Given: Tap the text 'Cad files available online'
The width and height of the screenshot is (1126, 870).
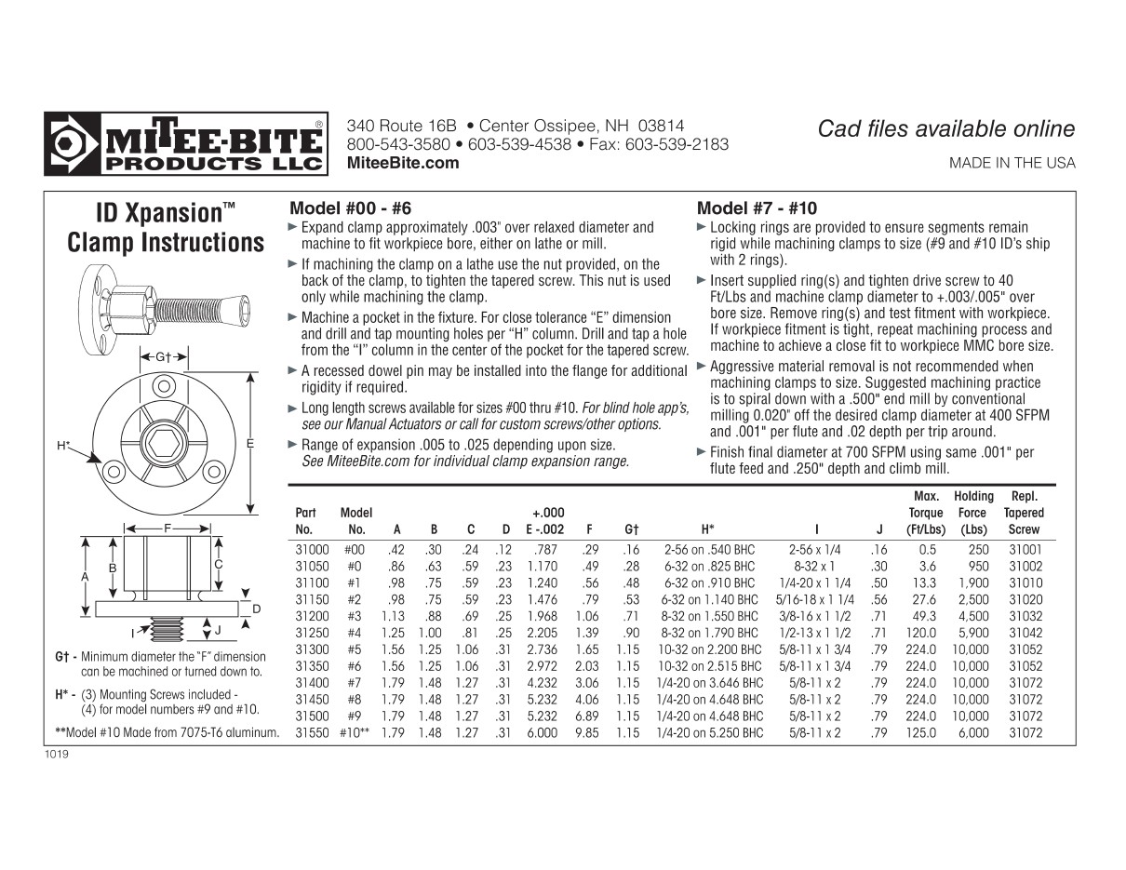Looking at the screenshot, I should click(945, 129).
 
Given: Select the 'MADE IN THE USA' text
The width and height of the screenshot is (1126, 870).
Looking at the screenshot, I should click(1012, 163).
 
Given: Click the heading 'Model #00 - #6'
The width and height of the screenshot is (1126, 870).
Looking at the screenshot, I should click(350, 208).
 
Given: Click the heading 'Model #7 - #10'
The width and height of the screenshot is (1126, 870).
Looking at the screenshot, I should click(757, 208).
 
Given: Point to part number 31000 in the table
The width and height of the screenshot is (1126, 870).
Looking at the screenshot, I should click(312, 550).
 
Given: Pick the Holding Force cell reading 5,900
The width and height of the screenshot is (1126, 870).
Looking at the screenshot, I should click(973, 633).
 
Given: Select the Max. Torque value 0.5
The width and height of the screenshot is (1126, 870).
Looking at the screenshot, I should click(927, 550).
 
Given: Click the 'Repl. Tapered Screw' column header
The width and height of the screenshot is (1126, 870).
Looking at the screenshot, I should click(1024, 513).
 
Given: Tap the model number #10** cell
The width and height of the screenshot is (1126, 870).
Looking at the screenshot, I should click(355, 733).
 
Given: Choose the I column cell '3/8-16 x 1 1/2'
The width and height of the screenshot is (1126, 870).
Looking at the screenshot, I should click(814, 616).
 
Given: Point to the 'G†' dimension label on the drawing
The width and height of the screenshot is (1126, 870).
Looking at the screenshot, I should click(164, 357).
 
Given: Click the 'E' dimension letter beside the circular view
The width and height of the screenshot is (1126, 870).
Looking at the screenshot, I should click(250, 445).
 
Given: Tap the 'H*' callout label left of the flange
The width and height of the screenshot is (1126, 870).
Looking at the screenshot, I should click(63, 446).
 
